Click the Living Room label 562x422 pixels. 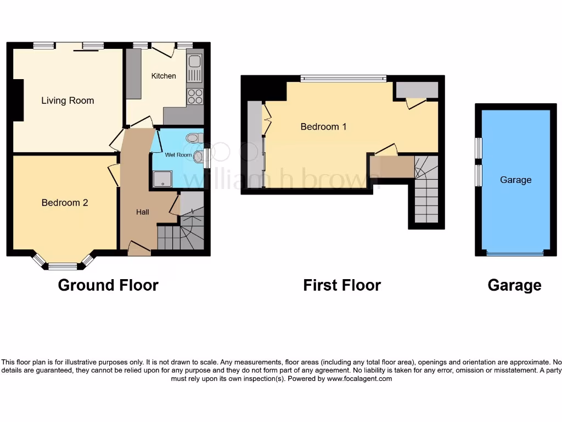(68, 101)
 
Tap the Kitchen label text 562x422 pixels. (164, 76)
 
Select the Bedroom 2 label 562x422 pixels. (65, 203)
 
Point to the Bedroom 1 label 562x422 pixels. (323, 127)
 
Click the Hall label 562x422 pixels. (143, 212)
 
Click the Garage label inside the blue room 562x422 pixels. (515, 180)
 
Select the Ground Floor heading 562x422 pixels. (108, 285)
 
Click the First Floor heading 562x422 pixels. (342, 285)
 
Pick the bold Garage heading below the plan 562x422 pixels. (514, 285)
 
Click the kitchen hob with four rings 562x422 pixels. (195, 97)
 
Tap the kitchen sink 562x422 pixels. (195, 68)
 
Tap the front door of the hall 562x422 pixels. (139, 251)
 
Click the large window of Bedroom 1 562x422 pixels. (343, 79)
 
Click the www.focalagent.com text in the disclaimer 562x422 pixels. (359, 379)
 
